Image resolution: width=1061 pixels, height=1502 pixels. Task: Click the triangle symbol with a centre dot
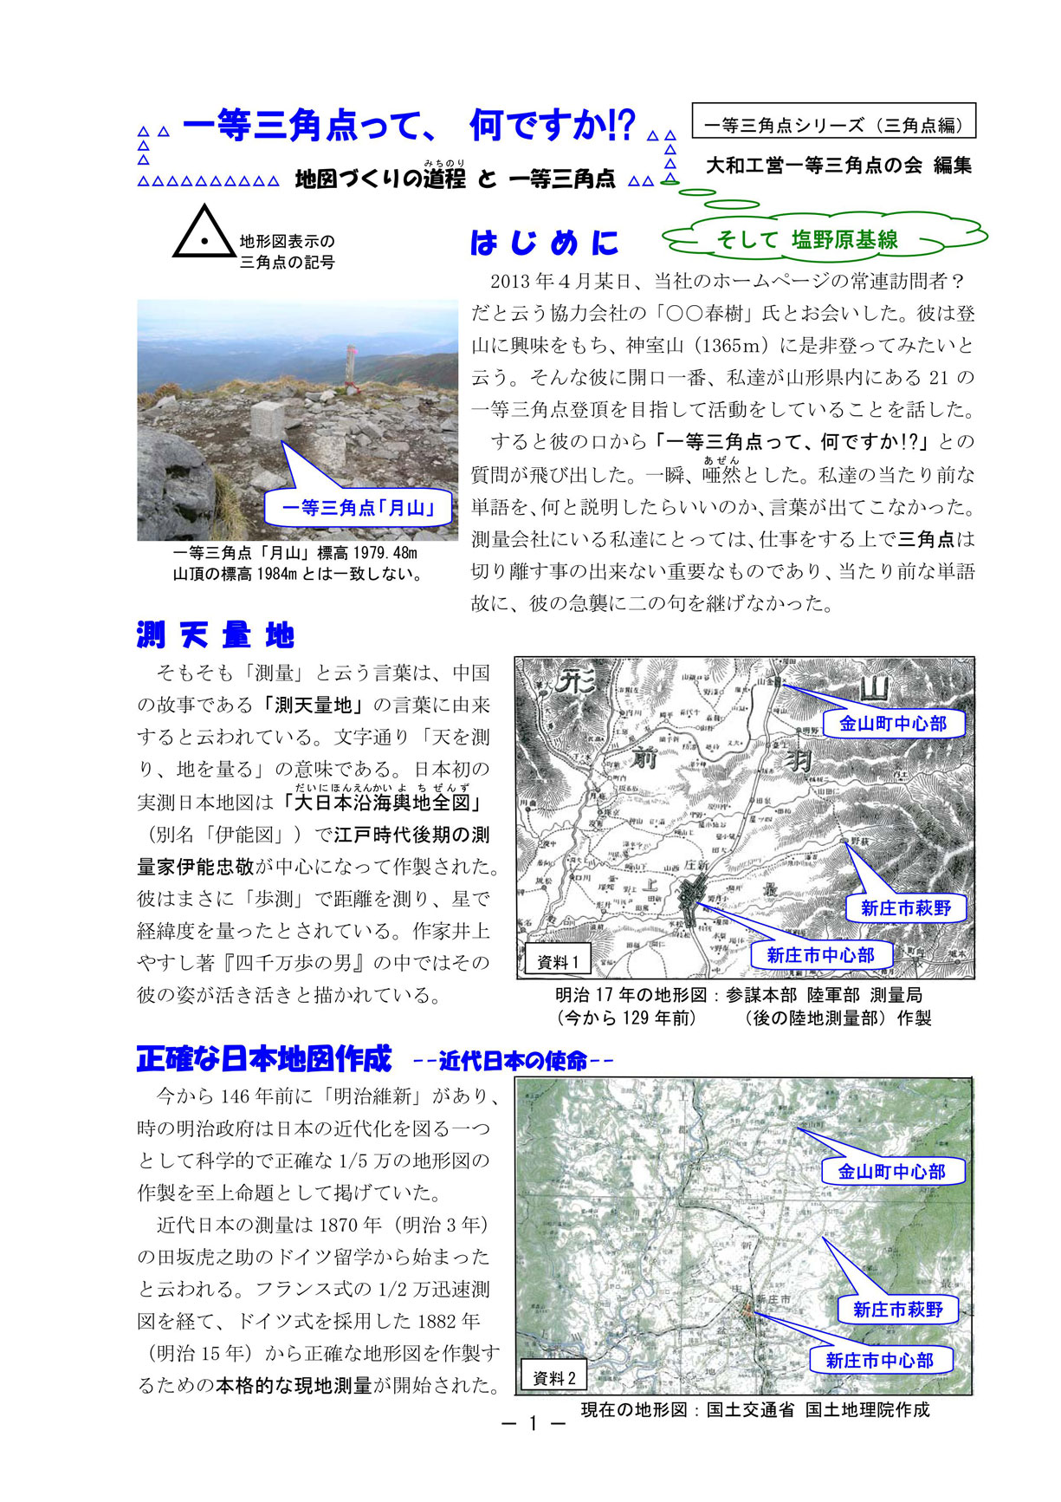(204, 234)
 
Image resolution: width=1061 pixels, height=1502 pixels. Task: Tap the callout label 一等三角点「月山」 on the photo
(358, 508)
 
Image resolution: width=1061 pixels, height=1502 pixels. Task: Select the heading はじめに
(545, 243)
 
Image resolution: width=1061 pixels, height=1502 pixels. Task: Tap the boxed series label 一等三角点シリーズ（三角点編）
(833, 125)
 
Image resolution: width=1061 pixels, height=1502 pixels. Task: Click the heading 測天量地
(216, 635)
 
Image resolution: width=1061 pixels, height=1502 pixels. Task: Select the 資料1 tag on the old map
(558, 961)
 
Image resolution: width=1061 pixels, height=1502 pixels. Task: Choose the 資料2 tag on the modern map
(554, 1378)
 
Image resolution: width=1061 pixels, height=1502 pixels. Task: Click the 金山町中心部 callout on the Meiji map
(892, 723)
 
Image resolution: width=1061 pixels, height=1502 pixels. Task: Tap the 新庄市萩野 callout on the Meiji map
(905, 907)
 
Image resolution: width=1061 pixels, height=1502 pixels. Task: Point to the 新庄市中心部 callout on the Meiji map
(820, 955)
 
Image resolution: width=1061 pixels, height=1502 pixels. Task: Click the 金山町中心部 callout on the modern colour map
(891, 1172)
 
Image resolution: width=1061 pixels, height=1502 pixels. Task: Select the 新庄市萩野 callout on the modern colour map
(897, 1309)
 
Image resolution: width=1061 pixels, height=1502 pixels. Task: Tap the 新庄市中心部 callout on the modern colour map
(879, 1360)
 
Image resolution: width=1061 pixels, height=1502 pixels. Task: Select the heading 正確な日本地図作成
(264, 1058)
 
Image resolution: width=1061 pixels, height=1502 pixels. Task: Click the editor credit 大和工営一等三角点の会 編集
(838, 166)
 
